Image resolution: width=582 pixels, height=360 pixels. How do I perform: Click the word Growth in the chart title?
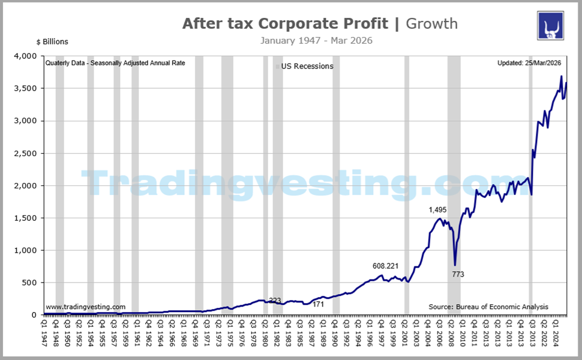[x=431, y=24]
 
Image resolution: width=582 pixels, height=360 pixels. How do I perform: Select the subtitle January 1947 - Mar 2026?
[x=316, y=41]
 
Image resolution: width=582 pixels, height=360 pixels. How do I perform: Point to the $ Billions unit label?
[x=52, y=42]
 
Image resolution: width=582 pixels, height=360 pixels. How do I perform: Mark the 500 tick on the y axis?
[x=30, y=283]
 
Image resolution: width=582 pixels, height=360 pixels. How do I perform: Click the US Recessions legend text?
[x=307, y=67]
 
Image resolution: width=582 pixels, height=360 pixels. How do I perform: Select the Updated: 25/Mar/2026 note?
[x=529, y=63]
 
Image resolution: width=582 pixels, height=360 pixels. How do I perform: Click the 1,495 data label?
[x=438, y=210]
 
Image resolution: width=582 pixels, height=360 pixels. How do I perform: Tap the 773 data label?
[x=458, y=274]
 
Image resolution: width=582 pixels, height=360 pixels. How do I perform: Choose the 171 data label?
[x=318, y=305]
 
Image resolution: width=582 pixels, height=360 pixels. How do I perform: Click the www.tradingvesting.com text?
[x=86, y=307]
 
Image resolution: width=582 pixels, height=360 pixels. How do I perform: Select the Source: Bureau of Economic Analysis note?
[x=488, y=307]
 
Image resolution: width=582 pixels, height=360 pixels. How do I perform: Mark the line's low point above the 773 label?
[x=455, y=265]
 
